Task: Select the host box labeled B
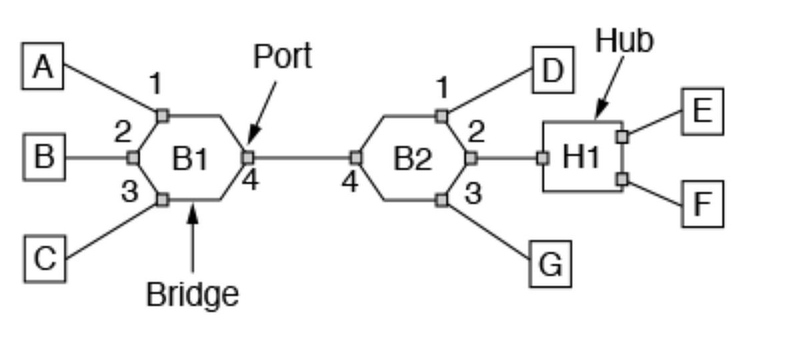click(43, 159)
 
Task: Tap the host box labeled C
click(44, 259)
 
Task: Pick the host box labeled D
click(552, 70)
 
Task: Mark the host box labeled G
click(551, 265)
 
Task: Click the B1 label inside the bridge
click(191, 159)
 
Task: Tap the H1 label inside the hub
click(582, 158)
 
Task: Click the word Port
click(282, 57)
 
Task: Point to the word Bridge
click(192, 294)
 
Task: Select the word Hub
click(625, 41)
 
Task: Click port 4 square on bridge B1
click(247, 158)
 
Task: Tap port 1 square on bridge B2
click(441, 116)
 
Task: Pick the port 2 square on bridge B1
click(133, 158)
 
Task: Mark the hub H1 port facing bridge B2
click(543, 158)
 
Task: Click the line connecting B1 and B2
click(301, 158)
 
